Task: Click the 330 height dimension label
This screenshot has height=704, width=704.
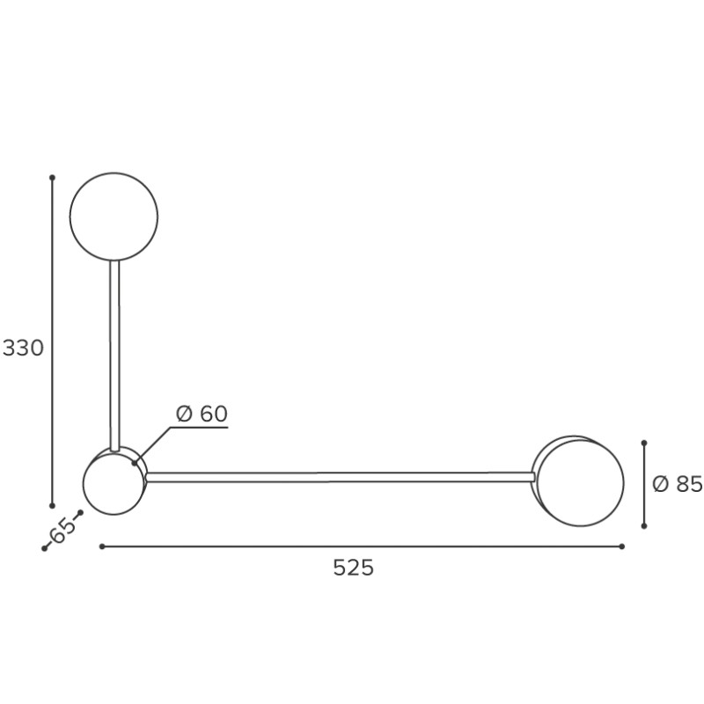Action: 23,348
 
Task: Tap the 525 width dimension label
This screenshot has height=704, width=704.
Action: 354,568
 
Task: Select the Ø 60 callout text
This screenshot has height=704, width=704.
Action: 202,414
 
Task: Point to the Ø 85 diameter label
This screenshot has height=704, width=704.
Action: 677,484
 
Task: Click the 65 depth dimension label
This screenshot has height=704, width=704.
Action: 62,530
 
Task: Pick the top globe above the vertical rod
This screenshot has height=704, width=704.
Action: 114,216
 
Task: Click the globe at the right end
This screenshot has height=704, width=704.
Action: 580,482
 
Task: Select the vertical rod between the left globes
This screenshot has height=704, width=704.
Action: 114,356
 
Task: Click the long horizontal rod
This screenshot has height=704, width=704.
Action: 341,477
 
